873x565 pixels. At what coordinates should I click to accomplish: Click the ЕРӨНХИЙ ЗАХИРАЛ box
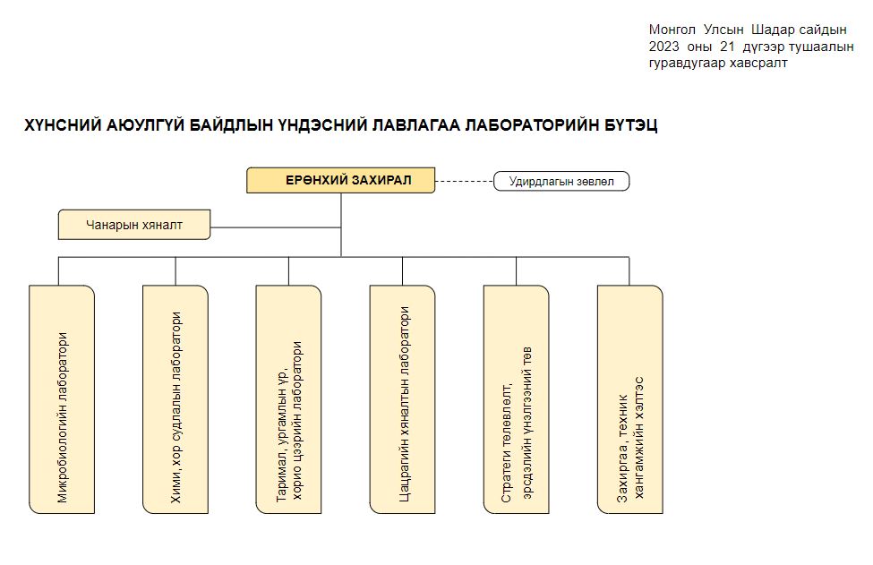pyautogui.click(x=341, y=180)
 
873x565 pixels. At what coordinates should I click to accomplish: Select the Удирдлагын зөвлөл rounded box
pyautogui.click(x=561, y=182)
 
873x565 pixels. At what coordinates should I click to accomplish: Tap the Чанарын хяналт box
pyautogui.click(x=134, y=225)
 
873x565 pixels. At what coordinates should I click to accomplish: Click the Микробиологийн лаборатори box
pyautogui.click(x=62, y=399)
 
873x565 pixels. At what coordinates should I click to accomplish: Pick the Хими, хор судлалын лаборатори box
pyautogui.click(x=175, y=399)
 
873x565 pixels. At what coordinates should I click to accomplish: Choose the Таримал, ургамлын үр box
pyautogui.click(x=288, y=399)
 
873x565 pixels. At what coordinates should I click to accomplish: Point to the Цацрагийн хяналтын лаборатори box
pyautogui.click(x=403, y=399)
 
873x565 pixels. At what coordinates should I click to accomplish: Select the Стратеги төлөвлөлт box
pyautogui.click(x=516, y=399)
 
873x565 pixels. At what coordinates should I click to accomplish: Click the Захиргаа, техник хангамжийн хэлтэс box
pyautogui.click(x=629, y=399)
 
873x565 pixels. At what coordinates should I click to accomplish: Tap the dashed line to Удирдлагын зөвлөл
pyautogui.click(x=465, y=182)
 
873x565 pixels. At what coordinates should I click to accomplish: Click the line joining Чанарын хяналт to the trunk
pyautogui.click(x=276, y=227)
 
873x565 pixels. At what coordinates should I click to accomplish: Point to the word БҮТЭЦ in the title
pyautogui.click(x=631, y=125)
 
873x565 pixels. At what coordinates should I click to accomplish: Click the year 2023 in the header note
pyautogui.click(x=663, y=47)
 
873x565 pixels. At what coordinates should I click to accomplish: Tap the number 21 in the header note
pyautogui.click(x=727, y=47)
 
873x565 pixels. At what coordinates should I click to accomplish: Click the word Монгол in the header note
pyautogui.click(x=672, y=30)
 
